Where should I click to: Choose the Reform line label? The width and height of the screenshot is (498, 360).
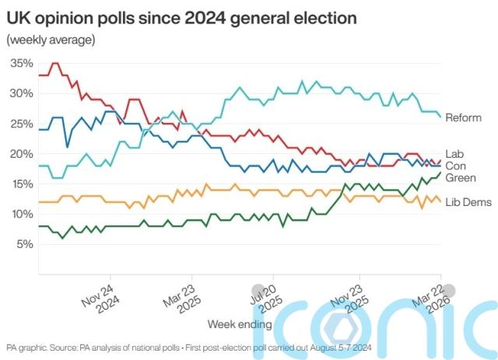pos(464,117)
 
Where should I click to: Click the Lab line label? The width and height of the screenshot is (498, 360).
pos(454,154)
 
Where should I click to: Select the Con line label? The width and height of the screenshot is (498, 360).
pos(454,166)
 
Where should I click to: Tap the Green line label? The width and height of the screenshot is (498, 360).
pos(460,178)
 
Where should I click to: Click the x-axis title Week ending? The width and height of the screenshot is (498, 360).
pos(240,323)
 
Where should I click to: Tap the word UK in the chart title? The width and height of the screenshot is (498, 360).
pos(18,16)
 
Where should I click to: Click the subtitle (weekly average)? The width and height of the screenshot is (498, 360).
pos(50,39)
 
